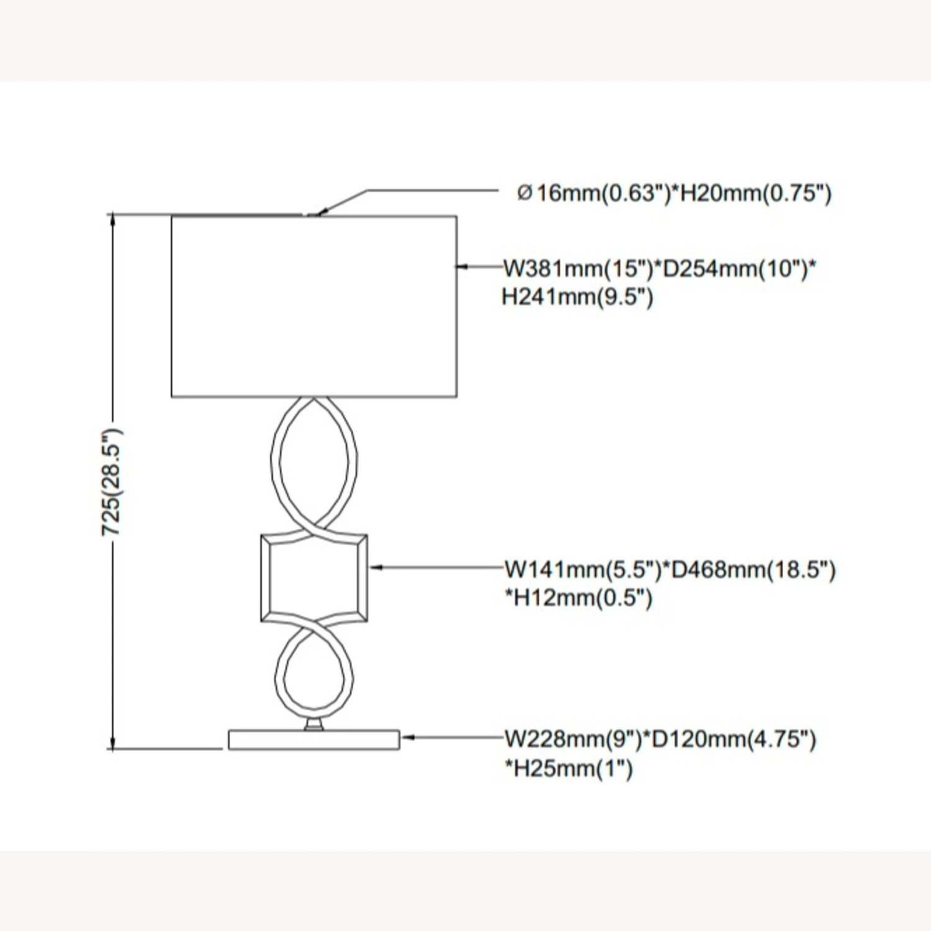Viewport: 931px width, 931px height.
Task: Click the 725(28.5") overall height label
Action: coord(112,482)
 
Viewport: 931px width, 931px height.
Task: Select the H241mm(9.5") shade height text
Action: coord(577,297)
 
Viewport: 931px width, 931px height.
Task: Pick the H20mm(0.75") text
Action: coord(757,193)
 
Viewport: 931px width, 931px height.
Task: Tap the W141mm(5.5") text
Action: coord(583,569)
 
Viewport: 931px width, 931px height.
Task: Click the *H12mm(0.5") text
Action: coord(578,598)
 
